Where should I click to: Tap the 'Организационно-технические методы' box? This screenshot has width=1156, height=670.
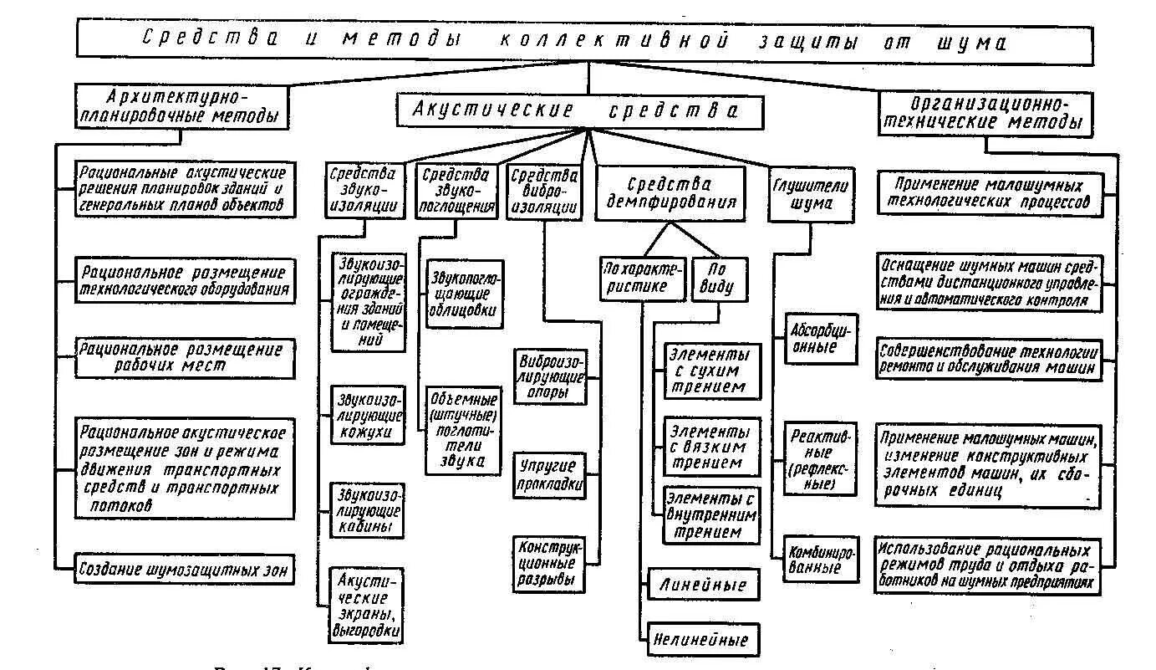pyautogui.click(x=985, y=113)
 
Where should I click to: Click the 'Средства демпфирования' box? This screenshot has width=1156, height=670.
pyautogui.click(x=670, y=193)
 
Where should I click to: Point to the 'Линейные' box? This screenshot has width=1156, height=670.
pyautogui.click(x=702, y=584)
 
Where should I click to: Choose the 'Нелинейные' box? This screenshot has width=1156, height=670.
pyautogui.click(x=702, y=640)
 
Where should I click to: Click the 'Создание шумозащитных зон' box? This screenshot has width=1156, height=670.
pyautogui.click(x=184, y=570)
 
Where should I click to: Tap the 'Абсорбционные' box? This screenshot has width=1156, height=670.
pyautogui.click(x=819, y=338)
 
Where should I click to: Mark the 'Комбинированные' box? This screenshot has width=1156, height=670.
pyautogui.click(x=819, y=559)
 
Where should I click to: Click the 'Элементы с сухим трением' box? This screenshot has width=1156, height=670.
pyautogui.click(x=712, y=370)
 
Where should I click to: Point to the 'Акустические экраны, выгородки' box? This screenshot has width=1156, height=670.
pyautogui.click(x=367, y=604)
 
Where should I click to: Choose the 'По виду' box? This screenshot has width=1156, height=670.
pyautogui.click(x=718, y=279)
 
